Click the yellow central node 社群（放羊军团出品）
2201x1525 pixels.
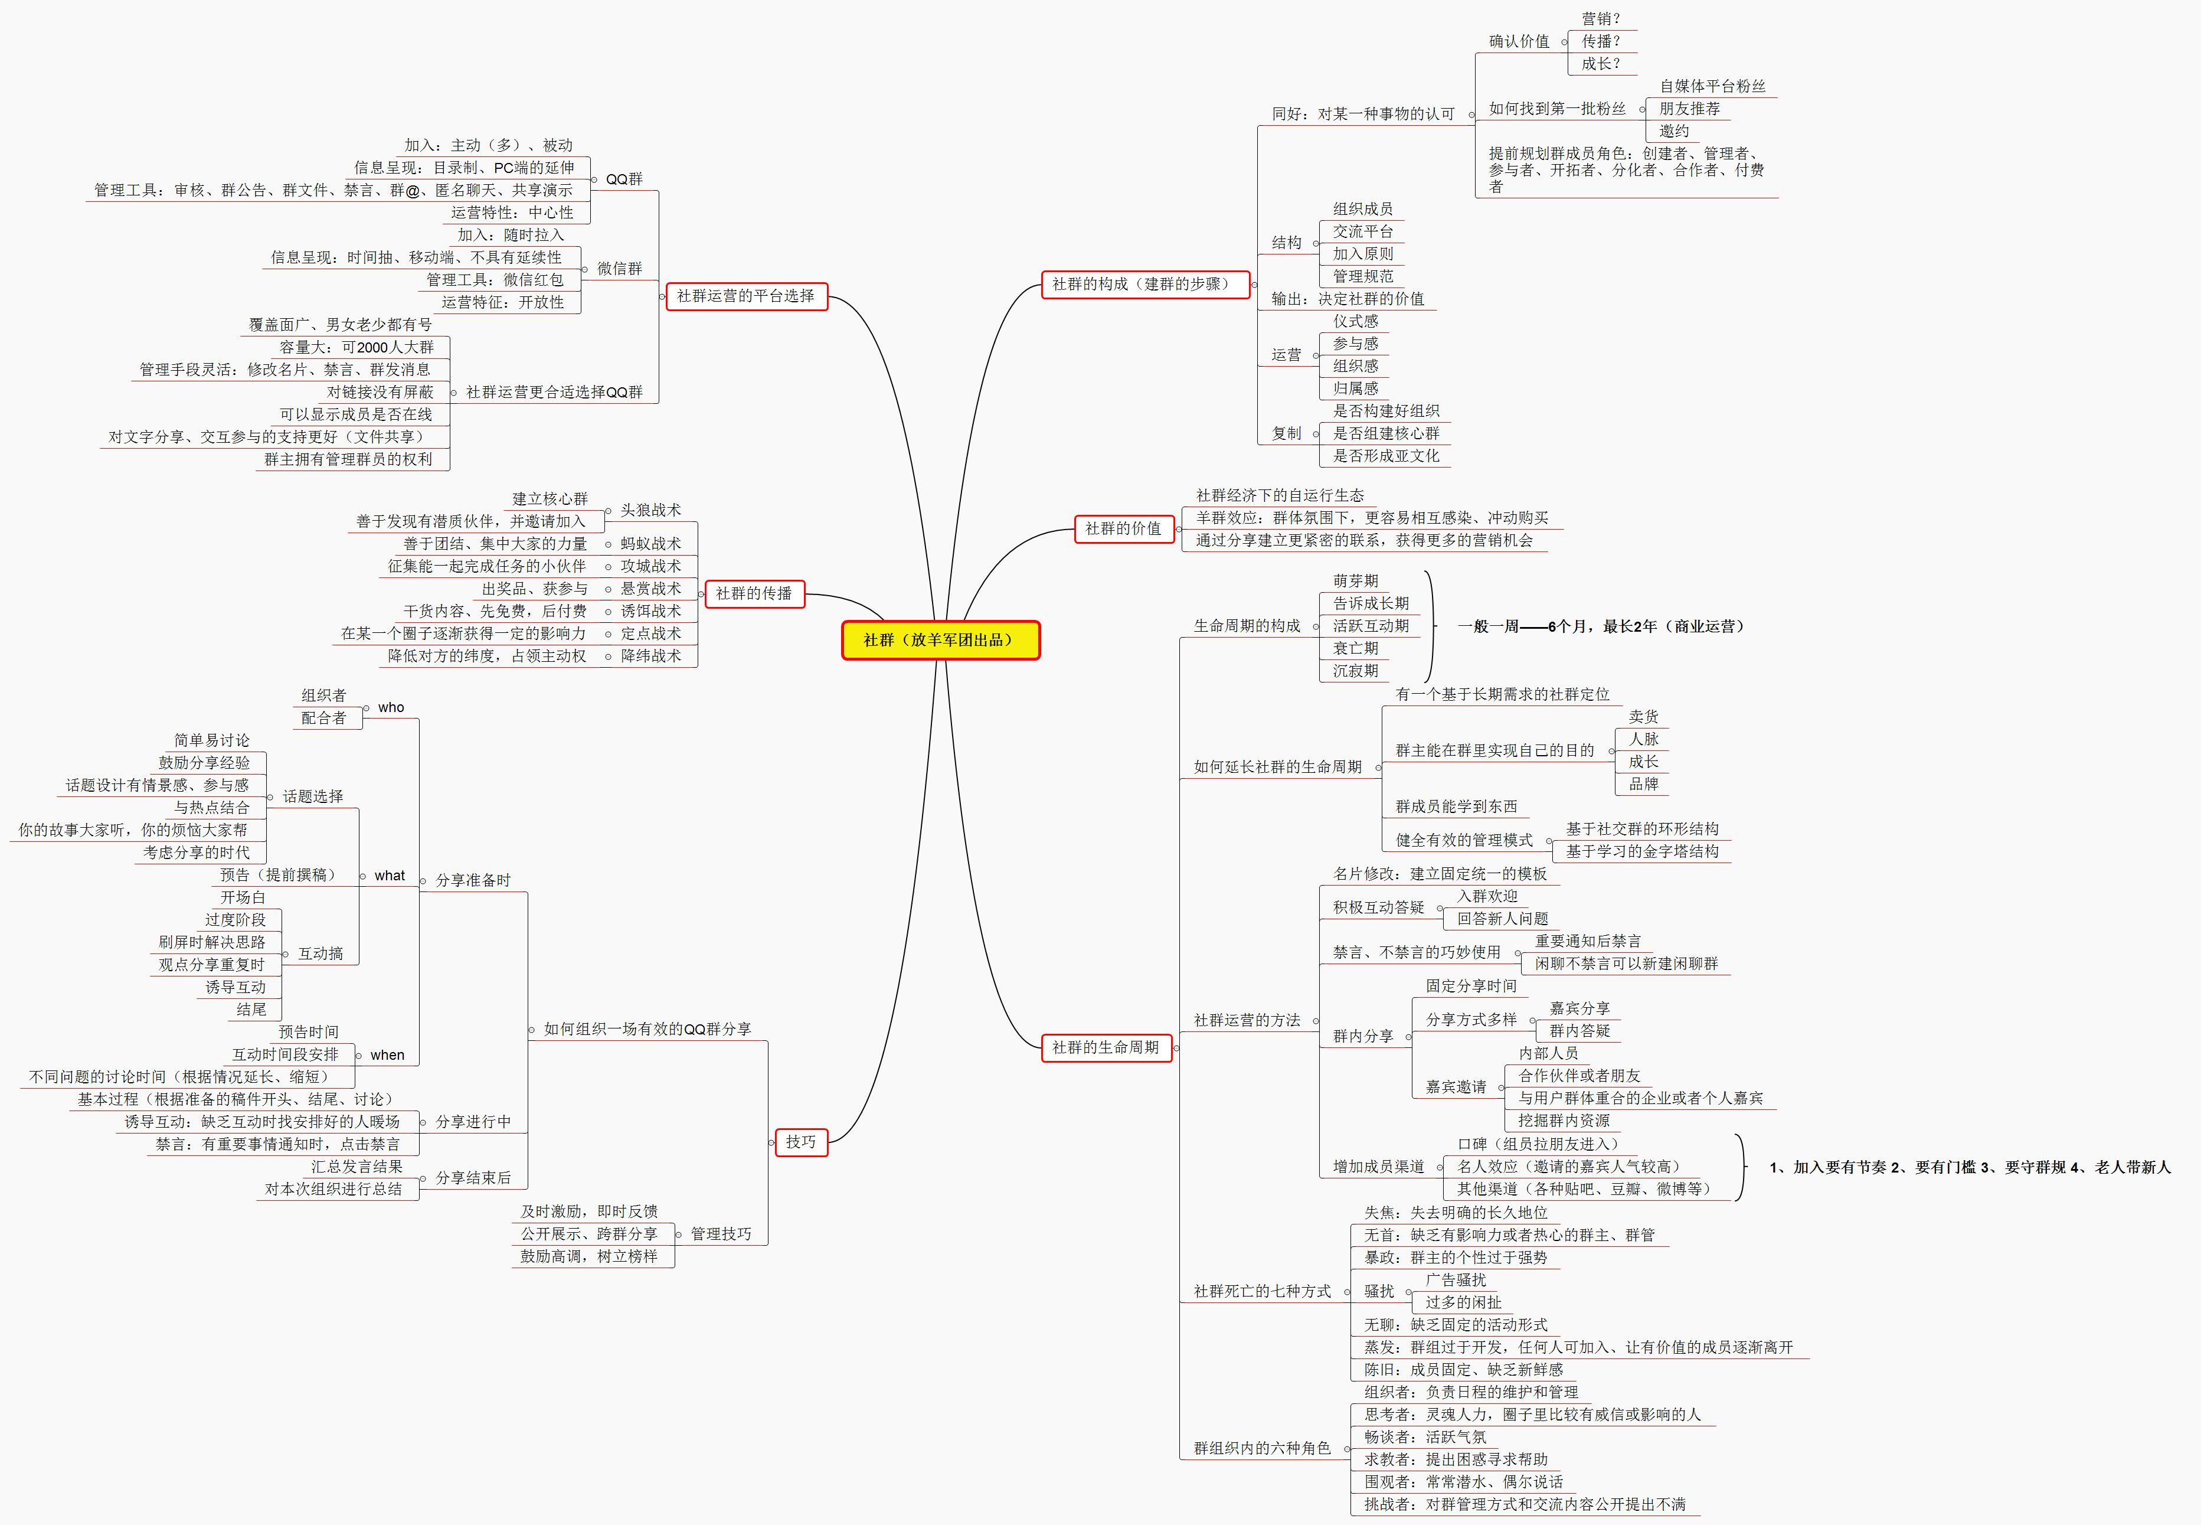tap(940, 640)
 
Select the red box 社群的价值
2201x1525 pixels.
tap(1123, 528)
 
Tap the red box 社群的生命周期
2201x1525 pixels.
tap(1106, 1047)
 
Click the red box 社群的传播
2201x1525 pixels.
tap(754, 593)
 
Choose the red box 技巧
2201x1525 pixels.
tap(800, 1142)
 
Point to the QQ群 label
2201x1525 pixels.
tap(624, 179)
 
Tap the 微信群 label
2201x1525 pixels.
tap(619, 269)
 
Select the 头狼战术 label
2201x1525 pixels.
tap(650, 510)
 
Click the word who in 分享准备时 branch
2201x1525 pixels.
tap(391, 707)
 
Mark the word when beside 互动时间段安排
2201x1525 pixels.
tap(387, 1055)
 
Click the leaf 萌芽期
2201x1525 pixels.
tap(1356, 581)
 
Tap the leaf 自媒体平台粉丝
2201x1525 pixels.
tap(1712, 86)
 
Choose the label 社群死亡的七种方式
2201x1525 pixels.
tap(1262, 1291)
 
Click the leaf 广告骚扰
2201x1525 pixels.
tap(1456, 1279)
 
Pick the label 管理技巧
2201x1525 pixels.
tap(720, 1233)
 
